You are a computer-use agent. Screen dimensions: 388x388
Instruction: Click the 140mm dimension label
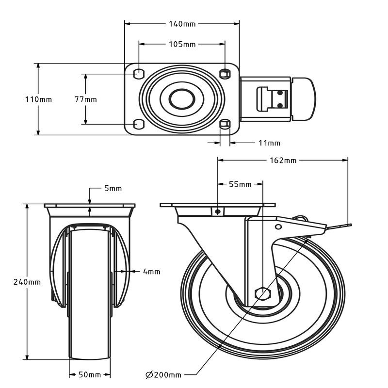coord(182,23)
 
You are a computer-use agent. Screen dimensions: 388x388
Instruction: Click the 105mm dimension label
coord(182,44)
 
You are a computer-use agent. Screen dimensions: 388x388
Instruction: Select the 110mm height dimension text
coord(38,99)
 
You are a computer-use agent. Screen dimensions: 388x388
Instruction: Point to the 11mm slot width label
coord(269,143)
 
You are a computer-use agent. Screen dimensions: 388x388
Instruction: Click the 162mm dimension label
coord(283,160)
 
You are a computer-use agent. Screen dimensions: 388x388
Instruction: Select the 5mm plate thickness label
coord(113,188)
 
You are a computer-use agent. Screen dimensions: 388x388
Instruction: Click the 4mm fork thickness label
coord(151,272)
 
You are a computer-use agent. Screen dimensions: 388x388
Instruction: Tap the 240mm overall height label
coord(27,282)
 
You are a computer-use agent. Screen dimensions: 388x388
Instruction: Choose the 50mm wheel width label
coord(90,375)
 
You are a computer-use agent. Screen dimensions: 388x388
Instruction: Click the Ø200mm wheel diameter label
coord(163,375)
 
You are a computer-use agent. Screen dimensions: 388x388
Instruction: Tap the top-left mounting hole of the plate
coord(138,74)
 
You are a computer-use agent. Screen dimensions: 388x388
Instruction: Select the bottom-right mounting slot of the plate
coord(224,124)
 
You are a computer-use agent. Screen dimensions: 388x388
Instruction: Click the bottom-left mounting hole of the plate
coord(138,124)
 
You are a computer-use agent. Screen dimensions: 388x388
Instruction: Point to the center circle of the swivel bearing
coord(182,99)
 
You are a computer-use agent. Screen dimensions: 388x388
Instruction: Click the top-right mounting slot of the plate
coord(224,74)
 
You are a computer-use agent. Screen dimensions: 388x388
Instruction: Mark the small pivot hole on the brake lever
coord(278,226)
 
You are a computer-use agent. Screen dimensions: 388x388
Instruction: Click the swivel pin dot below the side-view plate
coord(218,211)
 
